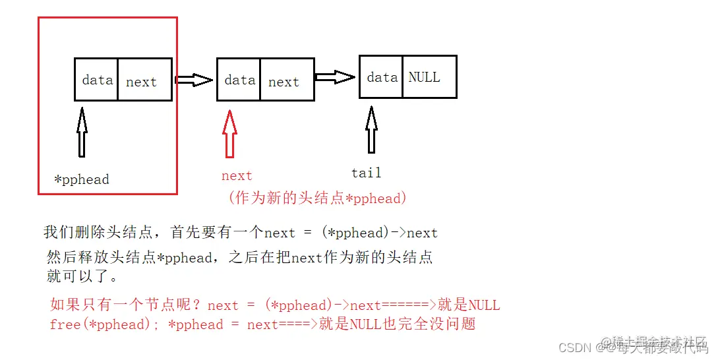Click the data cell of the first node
coord(96,80)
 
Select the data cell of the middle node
coord(239,80)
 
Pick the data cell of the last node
coord(381,77)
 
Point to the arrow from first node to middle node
coord(194,80)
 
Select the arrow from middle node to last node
coord(336,77)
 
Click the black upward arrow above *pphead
coord(82,133)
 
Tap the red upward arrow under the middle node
coord(229,134)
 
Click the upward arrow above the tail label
coord(371,130)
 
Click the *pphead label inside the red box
coord(82,179)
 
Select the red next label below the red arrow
coord(237,176)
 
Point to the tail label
coord(366,173)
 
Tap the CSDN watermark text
coord(572,347)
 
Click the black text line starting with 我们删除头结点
coord(241,232)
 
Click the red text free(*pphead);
coord(105,324)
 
